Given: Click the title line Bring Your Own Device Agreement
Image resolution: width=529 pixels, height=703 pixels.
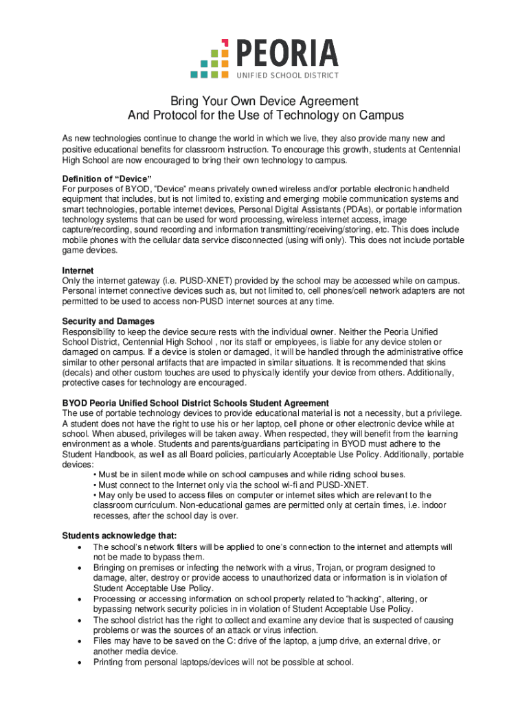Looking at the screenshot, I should pyautogui.click(x=265, y=101).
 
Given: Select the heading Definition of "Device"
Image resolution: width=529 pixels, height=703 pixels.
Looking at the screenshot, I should pyautogui.click(x=106, y=178).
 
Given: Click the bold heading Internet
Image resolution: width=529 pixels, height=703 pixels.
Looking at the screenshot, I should pyautogui.click(x=78, y=271).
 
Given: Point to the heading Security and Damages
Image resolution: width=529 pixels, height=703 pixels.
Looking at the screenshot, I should pyautogui.click(x=108, y=321).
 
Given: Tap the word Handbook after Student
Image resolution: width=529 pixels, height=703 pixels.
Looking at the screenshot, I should pyautogui.click(x=118, y=454).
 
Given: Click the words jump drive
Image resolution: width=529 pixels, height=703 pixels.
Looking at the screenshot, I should pyautogui.click(x=322, y=641).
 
